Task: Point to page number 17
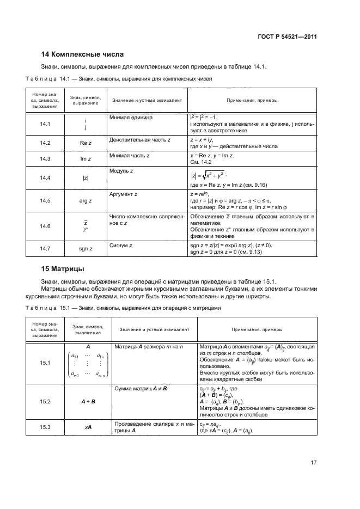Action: click(x=313, y=463)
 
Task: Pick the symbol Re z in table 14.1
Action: click(x=86, y=143)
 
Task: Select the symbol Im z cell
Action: click(x=86, y=158)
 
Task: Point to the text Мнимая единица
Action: click(x=131, y=118)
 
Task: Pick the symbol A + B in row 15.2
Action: click(x=86, y=401)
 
